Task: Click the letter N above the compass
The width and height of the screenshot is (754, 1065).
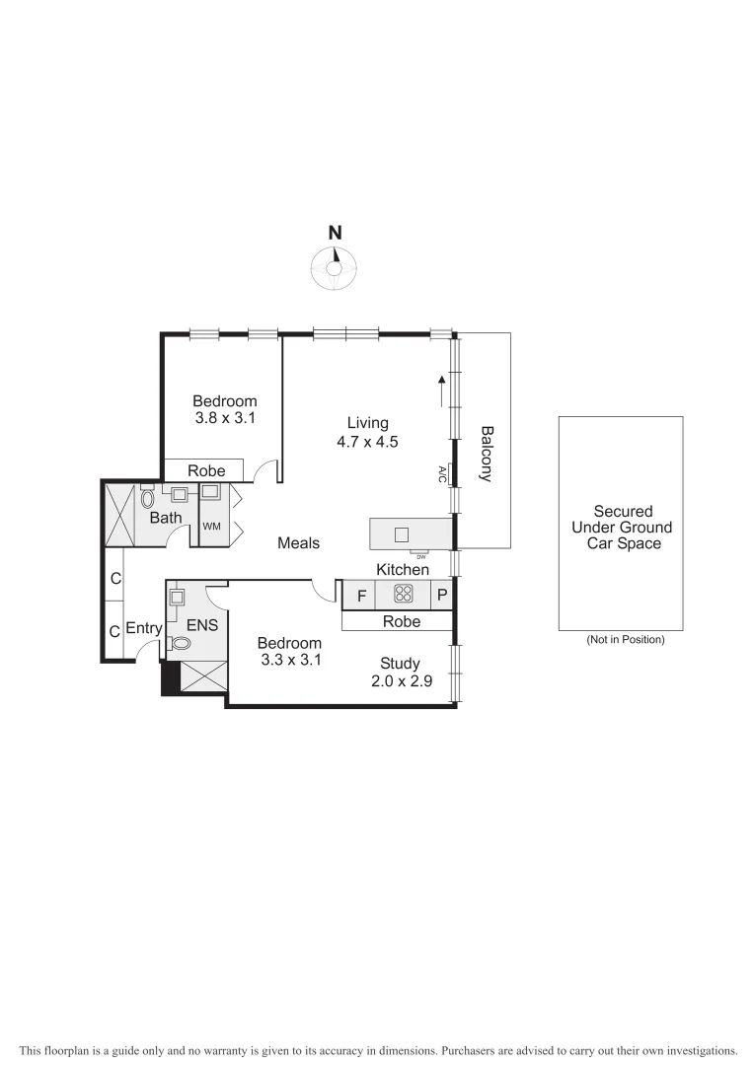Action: pyautogui.click(x=336, y=234)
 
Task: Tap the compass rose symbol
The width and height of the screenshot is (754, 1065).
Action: pyautogui.click(x=336, y=269)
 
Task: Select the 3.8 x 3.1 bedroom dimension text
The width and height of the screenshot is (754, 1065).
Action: pyautogui.click(x=225, y=418)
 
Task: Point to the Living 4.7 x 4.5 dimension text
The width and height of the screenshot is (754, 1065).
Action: pyautogui.click(x=367, y=442)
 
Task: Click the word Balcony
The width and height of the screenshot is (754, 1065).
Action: pyautogui.click(x=486, y=454)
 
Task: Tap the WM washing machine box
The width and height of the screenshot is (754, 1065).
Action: pyautogui.click(x=211, y=527)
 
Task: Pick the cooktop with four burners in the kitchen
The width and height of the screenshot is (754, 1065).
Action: pyautogui.click(x=403, y=594)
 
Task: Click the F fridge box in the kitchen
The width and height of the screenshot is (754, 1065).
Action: pyautogui.click(x=361, y=595)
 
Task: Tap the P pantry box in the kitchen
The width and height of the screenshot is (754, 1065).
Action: pyautogui.click(x=442, y=595)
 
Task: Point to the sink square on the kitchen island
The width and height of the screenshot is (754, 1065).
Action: pyautogui.click(x=402, y=534)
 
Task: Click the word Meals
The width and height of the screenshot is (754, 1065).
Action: pyautogui.click(x=298, y=543)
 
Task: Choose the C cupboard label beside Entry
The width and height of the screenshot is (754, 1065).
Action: pyautogui.click(x=114, y=631)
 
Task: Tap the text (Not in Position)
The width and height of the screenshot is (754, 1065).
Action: pyautogui.click(x=625, y=640)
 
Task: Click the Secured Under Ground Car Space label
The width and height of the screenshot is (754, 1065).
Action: pyautogui.click(x=623, y=527)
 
